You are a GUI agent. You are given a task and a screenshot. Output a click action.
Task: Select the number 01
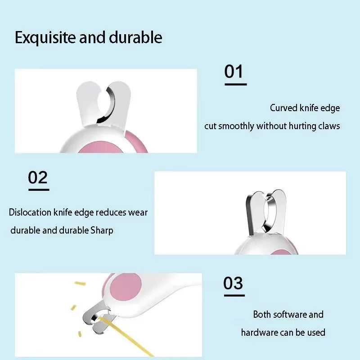point(234,72)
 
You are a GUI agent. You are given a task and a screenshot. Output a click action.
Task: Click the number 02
point(38,177)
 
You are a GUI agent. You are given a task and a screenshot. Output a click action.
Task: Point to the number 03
point(233,283)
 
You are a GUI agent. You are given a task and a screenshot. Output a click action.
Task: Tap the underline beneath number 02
point(39,189)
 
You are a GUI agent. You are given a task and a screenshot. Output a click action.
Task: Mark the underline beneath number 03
point(234,295)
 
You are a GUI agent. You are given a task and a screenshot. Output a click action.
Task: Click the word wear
point(138,212)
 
